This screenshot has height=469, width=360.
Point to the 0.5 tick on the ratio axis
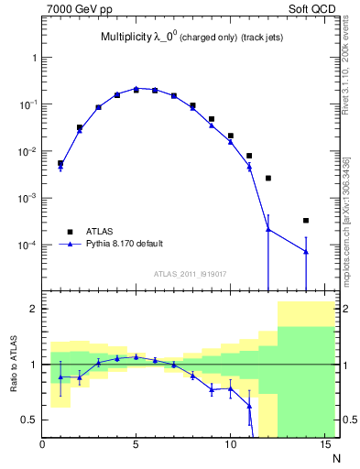(x=29, y=420)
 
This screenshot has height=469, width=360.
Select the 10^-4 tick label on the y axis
(x=26, y=245)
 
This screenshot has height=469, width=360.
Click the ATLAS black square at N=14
(x=306, y=220)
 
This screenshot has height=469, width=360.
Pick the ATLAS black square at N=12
(x=268, y=178)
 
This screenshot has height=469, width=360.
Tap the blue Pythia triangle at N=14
(x=306, y=251)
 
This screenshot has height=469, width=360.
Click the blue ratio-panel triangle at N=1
(x=60, y=376)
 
